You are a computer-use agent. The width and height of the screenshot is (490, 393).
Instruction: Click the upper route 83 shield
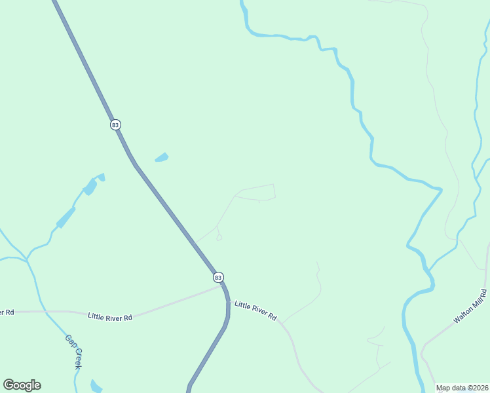(x=115, y=124)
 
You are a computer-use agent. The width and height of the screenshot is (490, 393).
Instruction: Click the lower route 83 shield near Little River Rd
(x=218, y=278)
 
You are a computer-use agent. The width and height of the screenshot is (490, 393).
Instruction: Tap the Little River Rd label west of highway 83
(x=110, y=316)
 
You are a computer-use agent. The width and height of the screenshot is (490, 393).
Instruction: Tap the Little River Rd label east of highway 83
(x=255, y=310)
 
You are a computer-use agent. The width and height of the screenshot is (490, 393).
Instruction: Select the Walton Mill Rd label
(x=470, y=307)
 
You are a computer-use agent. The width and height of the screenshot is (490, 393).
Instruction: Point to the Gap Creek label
(x=73, y=352)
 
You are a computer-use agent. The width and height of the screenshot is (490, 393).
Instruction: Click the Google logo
(x=22, y=385)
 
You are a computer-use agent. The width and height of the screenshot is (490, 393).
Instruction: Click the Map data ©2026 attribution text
(x=462, y=388)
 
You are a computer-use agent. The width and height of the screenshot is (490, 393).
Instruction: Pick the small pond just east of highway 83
(x=161, y=157)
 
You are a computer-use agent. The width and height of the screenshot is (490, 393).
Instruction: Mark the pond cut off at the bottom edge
(x=96, y=386)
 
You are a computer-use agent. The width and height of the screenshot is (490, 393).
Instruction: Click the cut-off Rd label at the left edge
(x=6, y=312)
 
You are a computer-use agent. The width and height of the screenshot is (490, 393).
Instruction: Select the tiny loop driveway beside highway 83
(x=219, y=237)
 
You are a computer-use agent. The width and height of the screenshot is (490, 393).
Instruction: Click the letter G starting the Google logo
(x=9, y=384)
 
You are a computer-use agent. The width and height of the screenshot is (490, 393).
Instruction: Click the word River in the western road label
(x=112, y=316)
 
